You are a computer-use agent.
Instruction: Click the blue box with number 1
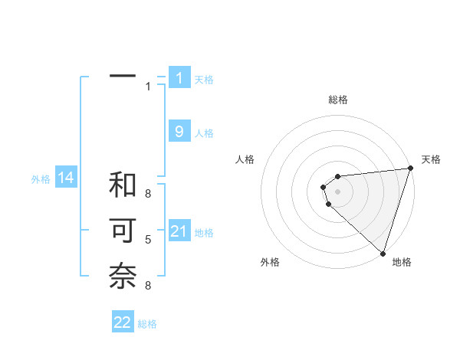click(179, 77)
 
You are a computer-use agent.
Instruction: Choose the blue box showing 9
click(179, 132)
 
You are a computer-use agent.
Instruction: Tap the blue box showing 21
click(179, 231)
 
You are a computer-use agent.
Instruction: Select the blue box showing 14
click(66, 178)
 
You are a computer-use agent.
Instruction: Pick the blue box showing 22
click(123, 322)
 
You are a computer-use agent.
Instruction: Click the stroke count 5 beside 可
click(148, 240)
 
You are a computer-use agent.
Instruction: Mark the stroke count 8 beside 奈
click(148, 286)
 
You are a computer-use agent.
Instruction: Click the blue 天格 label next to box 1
click(204, 79)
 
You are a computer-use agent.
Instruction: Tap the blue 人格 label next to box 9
click(204, 133)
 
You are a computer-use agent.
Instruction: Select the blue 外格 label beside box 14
click(41, 180)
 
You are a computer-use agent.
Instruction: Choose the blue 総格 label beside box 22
click(147, 324)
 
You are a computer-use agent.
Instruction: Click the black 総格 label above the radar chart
click(338, 100)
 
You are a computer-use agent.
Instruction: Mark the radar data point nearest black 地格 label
click(383, 252)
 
